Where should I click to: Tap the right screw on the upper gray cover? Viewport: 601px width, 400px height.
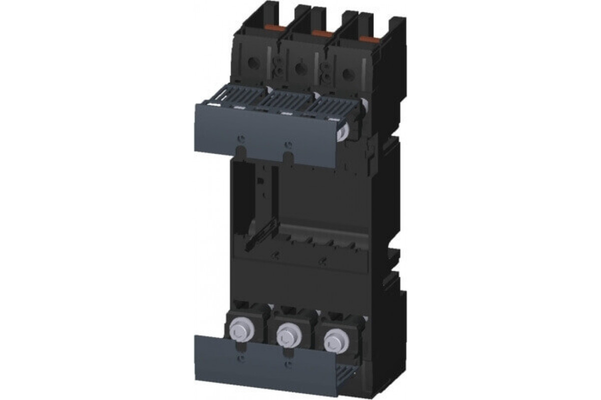click(x=286, y=145)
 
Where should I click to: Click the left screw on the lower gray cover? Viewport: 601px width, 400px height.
click(x=241, y=359)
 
